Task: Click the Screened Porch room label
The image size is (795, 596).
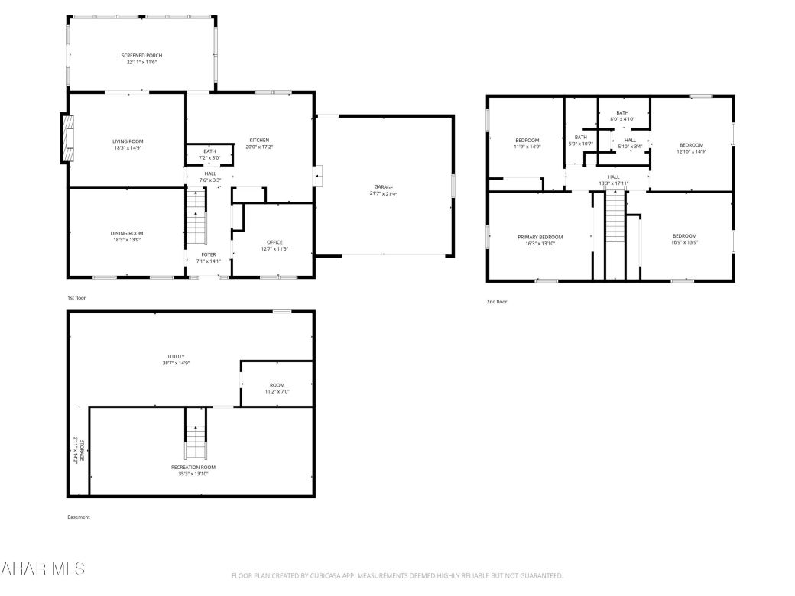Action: [x=141, y=56]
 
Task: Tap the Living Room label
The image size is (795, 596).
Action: [x=128, y=141]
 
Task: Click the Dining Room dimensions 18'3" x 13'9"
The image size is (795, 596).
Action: [x=128, y=240]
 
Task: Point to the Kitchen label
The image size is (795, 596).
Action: [x=259, y=140]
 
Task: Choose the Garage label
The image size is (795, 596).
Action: [x=383, y=187]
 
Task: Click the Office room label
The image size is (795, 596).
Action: [x=274, y=242]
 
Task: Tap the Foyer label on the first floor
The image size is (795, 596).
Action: [x=208, y=254]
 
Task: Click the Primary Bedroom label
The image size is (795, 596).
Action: [x=540, y=237]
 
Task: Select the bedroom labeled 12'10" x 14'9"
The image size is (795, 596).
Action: [x=691, y=145]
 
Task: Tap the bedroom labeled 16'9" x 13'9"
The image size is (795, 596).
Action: [x=684, y=235]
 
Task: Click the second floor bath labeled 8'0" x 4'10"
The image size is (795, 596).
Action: [x=622, y=112]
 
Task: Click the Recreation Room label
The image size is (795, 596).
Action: [x=193, y=467]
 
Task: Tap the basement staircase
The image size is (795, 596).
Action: [x=196, y=436]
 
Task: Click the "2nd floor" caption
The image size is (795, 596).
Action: [x=497, y=302]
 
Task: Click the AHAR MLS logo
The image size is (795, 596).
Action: [x=43, y=568]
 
